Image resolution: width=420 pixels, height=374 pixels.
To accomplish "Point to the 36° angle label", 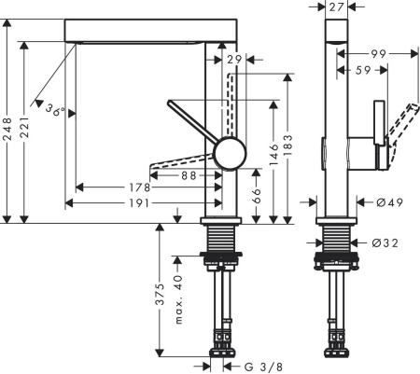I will click(x=55, y=111).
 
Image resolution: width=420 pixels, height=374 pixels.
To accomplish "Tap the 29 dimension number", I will click(x=234, y=61).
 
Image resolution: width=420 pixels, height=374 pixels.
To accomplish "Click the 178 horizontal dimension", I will click(x=141, y=187).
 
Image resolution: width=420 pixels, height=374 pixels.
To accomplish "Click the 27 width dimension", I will click(x=338, y=7).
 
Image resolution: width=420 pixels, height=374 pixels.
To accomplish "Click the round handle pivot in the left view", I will click(x=227, y=153).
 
